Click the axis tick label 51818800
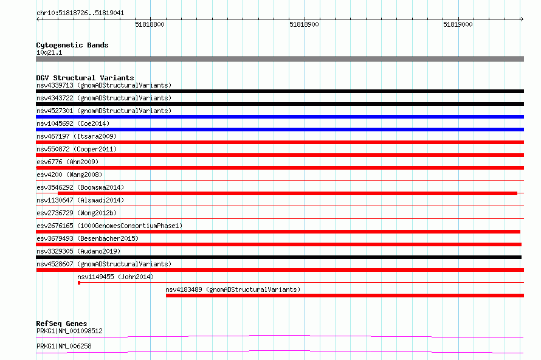(150, 24)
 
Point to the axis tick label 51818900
(304, 24)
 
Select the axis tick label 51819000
(458, 24)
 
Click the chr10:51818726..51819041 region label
(80, 13)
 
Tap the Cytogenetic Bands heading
(72, 45)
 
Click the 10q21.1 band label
(49, 52)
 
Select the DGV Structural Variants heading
(85, 78)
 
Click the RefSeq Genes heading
(61, 324)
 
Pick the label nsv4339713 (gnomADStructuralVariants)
(104, 85)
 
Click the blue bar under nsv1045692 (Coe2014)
(280, 130)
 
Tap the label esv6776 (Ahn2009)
(67, 162)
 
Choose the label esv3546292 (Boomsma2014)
(80, 187)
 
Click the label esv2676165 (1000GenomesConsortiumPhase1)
(109, 226)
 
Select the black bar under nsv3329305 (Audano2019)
(279, 257)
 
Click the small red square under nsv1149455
(79, 283)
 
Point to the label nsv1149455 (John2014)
(115, 277)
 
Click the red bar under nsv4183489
(345, 296)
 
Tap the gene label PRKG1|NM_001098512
(69, 331)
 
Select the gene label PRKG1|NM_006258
(64, 346)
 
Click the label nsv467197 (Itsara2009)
(77, 136)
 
